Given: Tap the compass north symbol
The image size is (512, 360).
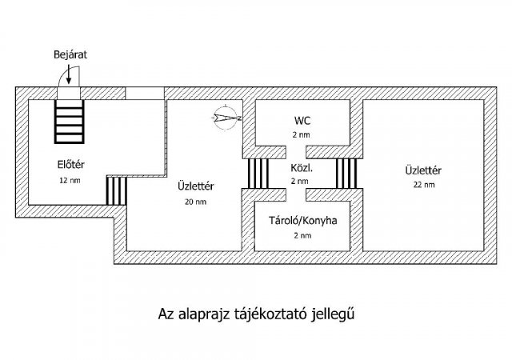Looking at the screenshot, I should [x=226, y=118].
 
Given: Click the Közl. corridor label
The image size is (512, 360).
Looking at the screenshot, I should [x=302, y=170].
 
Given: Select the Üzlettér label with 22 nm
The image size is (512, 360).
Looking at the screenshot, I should [x=424, y=170].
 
